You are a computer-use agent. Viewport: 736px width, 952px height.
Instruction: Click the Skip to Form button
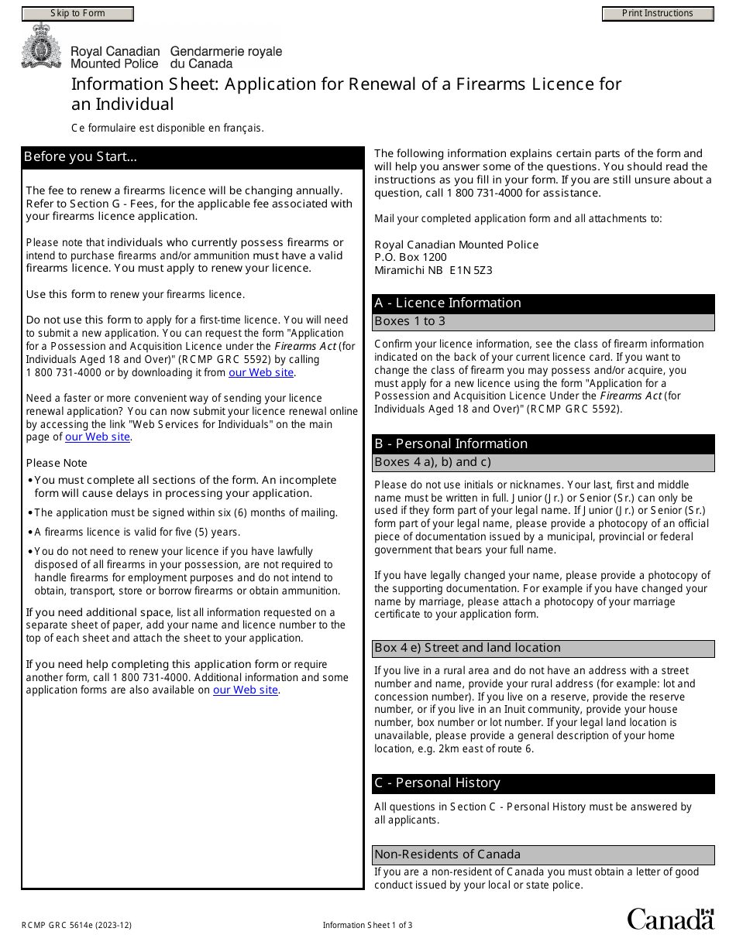(x=77, y=13)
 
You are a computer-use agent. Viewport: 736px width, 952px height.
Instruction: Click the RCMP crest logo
(x=36, y=46)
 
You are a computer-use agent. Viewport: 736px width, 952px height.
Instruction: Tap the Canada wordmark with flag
(x=670, y=919)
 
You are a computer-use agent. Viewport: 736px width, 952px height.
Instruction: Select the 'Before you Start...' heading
(x=81, y=157)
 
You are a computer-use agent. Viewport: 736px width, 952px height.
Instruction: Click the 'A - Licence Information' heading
(x=448, y=303)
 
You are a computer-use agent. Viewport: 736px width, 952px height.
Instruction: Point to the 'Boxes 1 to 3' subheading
(x=410, y=321)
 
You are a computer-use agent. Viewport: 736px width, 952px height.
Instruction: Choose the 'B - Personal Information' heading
(x=451, y=444)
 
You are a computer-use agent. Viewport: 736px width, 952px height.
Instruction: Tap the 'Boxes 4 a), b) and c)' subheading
(x=432, y=462)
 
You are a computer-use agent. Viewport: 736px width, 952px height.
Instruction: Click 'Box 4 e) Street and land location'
(x=467, y=648)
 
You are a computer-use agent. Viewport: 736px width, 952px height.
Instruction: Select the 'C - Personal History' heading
(x=437, y=783)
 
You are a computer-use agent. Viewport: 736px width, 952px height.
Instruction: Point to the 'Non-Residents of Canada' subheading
(x=447, y=854)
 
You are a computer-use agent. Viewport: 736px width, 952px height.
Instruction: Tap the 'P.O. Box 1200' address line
(x=410, y=258)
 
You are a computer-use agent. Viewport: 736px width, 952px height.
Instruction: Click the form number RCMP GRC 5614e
(x=71, y=925)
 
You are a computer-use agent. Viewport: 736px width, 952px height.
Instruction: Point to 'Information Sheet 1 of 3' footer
(x=367, y=925)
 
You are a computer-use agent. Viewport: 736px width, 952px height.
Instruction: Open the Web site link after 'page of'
(x=98, y=437)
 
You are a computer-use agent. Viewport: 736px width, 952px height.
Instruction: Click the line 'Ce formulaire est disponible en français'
(x=167, y=128)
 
